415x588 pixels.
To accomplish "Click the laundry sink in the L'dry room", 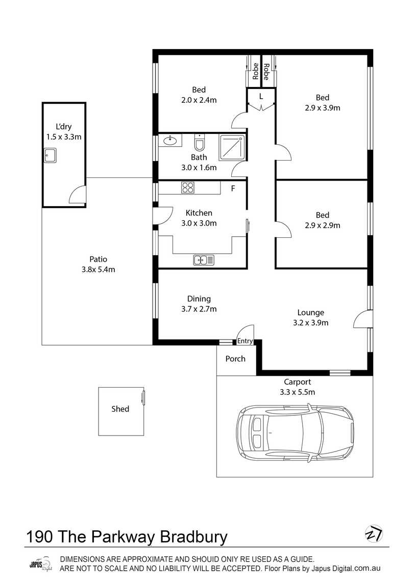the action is (50, 155).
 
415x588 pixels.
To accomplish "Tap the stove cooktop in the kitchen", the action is (187, 187).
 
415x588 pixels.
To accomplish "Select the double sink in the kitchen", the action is (204, 260).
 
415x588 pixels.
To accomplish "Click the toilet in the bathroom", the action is (200, 143).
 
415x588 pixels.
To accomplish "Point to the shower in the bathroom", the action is (232, 147).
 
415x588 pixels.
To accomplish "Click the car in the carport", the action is (295, 433).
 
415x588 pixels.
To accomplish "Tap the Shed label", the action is (120, 409).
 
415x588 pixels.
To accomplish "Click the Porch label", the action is (235, 358).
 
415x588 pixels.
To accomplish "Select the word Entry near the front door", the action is (245, 341).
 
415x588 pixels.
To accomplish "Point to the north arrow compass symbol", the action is (374, 534).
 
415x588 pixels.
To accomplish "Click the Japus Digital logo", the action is (41, 564).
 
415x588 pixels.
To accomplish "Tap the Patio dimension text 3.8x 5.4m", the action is (99, 269).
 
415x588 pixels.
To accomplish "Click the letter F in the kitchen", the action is (233, 189).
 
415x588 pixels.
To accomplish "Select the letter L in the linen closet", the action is (261, 96).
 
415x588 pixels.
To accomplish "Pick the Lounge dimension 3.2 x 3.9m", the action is (310, 323).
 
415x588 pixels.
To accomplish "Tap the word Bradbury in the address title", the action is (194, 537).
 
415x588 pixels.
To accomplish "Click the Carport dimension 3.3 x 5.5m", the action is (297, 392).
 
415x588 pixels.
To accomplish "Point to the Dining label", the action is (199, 299).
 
